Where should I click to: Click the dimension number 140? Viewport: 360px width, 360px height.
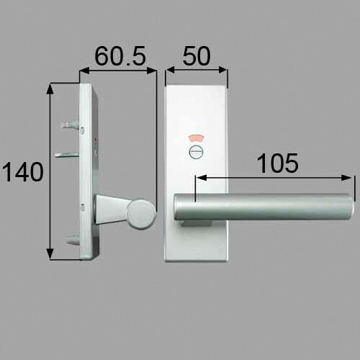(x=23, y=172)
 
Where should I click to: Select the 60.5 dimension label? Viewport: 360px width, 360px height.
(x=120, y=56)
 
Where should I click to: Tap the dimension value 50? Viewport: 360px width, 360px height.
(x=197, y=56)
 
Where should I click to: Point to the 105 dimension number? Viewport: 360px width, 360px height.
(x=278, y=163)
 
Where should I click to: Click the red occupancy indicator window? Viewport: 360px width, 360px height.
(x=197, y=139)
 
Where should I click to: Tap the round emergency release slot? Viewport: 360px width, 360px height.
(x=196, y=152)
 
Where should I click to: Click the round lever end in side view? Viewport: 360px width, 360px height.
(x=141, y=214)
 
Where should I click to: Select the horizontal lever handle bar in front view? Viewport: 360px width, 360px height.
(x=264, y=207)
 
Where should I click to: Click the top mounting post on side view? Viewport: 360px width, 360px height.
(x=70, y=125)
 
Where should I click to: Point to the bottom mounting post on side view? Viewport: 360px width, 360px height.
(x=73, y=240)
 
